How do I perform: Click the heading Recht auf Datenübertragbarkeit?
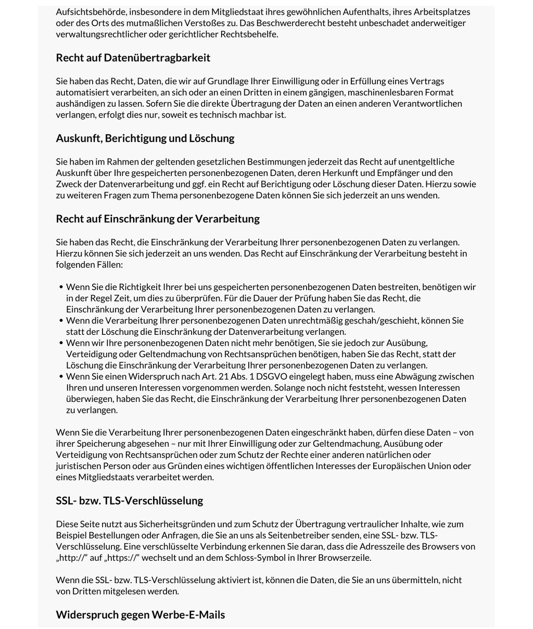133,58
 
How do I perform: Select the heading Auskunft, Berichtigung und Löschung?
145,139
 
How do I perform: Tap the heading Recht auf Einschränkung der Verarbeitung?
157,219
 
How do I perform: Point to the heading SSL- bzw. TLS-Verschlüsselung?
129,501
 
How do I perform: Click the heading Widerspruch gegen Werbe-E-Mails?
140,615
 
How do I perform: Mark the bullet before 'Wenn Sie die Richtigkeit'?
61,287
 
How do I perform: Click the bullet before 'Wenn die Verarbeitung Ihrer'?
61,321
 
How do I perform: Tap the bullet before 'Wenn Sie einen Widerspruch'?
61,376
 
